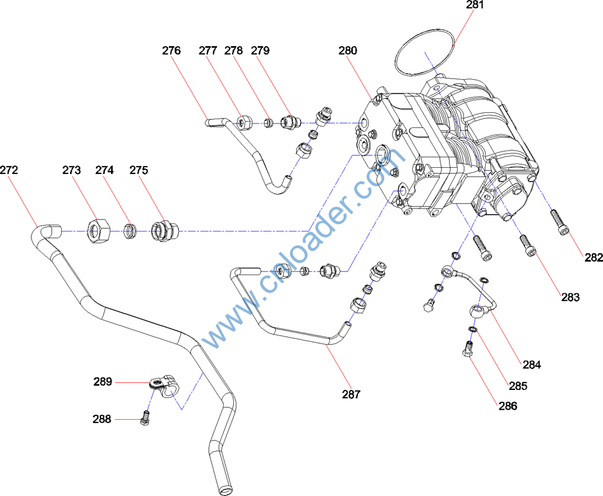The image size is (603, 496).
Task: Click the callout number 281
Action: tap(475, 5)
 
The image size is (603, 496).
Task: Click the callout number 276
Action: tap(171, 51)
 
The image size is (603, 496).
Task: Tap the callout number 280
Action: tap(348, 51)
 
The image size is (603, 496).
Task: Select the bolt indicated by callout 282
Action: tap(559, 223)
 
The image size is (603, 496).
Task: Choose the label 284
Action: tap(532, 364)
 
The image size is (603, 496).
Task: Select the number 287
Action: tap(351, 394)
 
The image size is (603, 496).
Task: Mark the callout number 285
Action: tap(518, 386)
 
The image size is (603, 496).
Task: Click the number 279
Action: tap(260, 51)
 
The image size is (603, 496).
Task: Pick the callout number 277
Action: tap(208, 51)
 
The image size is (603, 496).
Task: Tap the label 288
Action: tap(102, 419)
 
